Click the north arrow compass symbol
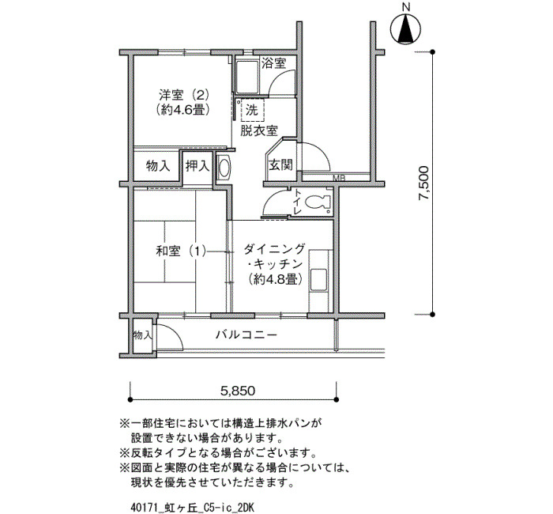pyautogui.click(x=406, y=30)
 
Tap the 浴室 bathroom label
pyautogui.click(x=273, y=63)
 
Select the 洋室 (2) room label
pyautogui.click(x=184, y=95)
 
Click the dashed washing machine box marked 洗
pyautogui.click(x=251, y=111)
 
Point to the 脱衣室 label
pyautogui.click(x=259, y=130)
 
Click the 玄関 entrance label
pyautogui.click(x=280, y=164)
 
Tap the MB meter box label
pyautogui.click(x=339, y=178)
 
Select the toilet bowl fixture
pyautogui.click(x=316, y=203)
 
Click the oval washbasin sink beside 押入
pyautogui.click(x=224, y=167)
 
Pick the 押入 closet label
pyautogui.click(x=197, y=165)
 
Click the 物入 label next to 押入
pyautogui.click(x=158, y=165)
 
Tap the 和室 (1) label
pyautogui.click(x=181, y=251)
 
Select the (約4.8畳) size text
pyautogui.click(x=276, y=279)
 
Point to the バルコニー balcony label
pyautogui.click(x=246, y=334)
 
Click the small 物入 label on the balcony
pyautogui.click(x=142, y=335)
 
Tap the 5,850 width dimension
pyautogui.click(x=238, y=391)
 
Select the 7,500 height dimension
pyautogui.click(x=423, y=183)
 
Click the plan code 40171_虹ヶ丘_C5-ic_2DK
pyautogui.click(x=192, y=508)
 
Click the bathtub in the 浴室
pyautogui.click(x=246, y=76)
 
